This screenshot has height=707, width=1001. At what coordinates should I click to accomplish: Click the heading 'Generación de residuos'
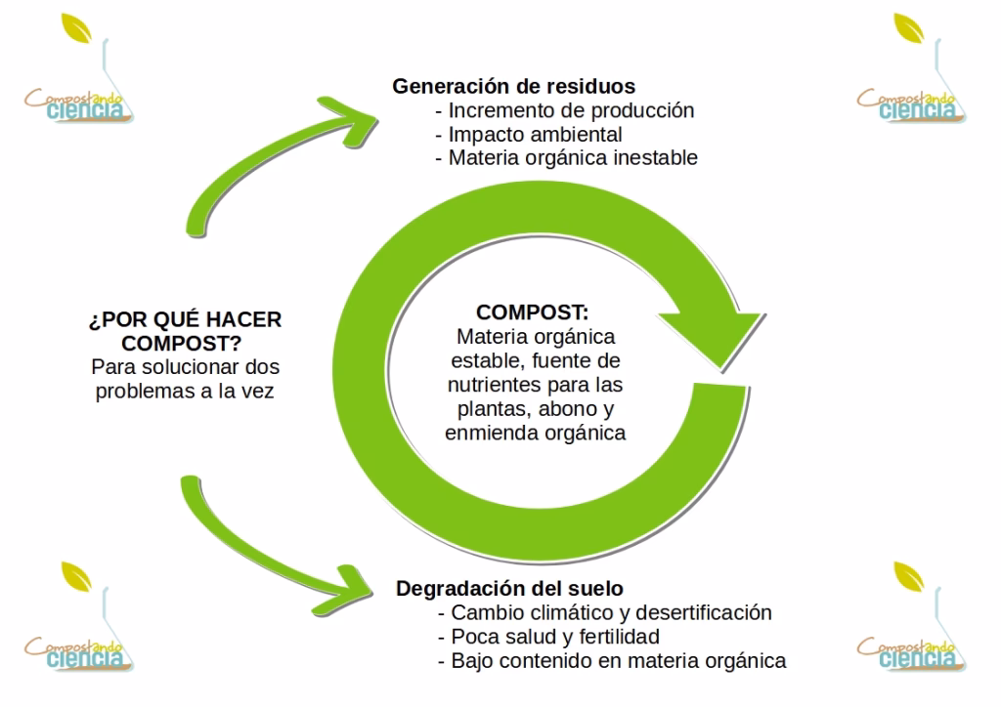tap(514, 86)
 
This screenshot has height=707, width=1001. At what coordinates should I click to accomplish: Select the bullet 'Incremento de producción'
tap(571, 110)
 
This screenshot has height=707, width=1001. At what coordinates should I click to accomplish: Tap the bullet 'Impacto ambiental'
tap(535, 134)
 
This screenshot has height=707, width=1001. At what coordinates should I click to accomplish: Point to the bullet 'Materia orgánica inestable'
tap(573, 157)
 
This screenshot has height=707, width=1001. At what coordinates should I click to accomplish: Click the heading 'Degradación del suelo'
tap(509, 589)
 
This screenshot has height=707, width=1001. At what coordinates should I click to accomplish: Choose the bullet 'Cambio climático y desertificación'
tap(611, 613)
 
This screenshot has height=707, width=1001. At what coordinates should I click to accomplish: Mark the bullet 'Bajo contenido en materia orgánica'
tap(618, 661)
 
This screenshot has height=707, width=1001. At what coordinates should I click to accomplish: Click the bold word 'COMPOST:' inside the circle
tap(533, 313)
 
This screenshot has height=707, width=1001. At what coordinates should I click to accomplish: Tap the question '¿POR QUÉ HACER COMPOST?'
tap(185, 333)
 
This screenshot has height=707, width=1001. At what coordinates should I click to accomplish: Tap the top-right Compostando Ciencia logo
tap(907, 78)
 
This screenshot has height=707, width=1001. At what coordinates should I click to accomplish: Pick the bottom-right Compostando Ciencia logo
tap(907, 625)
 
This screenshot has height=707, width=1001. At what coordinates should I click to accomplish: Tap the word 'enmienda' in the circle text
tap(484, 432)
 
